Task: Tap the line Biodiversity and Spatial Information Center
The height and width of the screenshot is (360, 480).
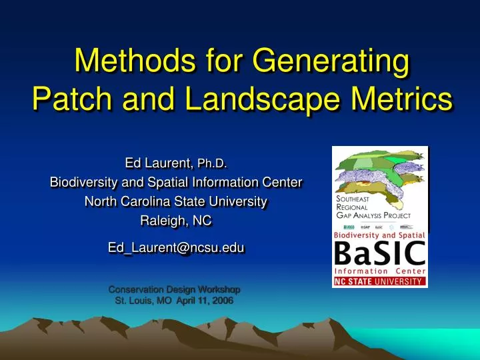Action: point(177,181)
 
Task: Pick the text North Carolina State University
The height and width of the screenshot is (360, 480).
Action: point(177,201)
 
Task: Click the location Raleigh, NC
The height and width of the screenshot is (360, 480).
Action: point(177,220)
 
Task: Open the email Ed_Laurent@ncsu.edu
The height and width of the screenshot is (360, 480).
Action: point(177,247)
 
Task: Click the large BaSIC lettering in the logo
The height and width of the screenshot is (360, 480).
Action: point(379,254)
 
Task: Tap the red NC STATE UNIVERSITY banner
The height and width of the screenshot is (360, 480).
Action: point(379,281)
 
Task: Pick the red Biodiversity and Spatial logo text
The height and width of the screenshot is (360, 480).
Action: point(379,235)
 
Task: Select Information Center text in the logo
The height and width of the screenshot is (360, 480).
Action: point(379,271)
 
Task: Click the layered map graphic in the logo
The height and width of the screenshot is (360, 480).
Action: point(377,172)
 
